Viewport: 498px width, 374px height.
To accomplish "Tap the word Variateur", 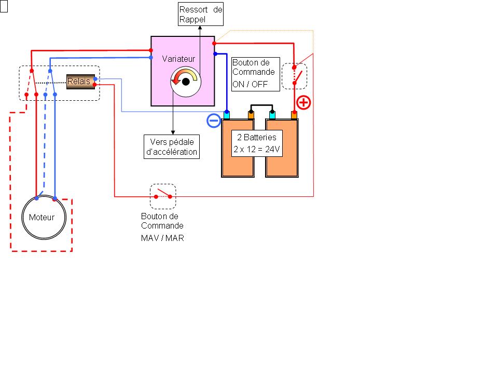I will (178, 59).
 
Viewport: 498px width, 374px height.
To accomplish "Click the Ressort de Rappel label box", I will (201, 15).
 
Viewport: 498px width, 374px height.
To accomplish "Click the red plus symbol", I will (303, 102).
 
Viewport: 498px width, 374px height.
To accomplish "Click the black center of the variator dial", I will (185, 81).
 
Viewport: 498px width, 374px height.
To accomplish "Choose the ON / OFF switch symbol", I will (295, 76).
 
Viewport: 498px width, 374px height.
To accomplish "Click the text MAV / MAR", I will (162, 238).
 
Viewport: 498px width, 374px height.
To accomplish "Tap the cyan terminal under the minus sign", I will (227, 115).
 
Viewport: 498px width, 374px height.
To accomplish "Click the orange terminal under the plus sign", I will (294, 115).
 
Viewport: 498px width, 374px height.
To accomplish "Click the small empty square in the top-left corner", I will (4, 7).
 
